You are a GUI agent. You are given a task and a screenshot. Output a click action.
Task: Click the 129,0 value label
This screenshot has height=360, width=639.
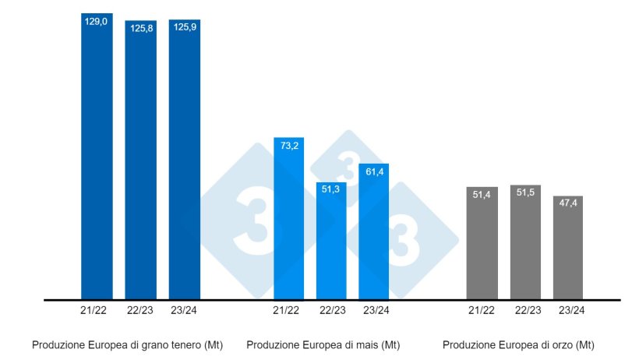pos(97,23)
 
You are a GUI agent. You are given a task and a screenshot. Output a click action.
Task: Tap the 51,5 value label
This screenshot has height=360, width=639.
pos(525,195)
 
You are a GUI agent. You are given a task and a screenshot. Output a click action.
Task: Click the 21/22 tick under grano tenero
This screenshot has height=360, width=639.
pos(97,310)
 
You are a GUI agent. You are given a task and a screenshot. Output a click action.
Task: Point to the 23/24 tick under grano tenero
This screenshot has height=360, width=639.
pos(184,310)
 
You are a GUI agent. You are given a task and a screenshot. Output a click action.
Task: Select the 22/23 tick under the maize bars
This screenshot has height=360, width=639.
pos(332,310)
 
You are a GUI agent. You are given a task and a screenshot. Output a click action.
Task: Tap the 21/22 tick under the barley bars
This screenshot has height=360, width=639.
pos(482,310)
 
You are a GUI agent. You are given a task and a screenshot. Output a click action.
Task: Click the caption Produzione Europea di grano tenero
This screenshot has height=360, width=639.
pos(127,344)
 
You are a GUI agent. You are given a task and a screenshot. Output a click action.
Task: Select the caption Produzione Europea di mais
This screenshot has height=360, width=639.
pos(323,344)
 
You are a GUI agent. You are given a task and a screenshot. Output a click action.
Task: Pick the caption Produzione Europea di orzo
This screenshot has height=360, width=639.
pos(518,344)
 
